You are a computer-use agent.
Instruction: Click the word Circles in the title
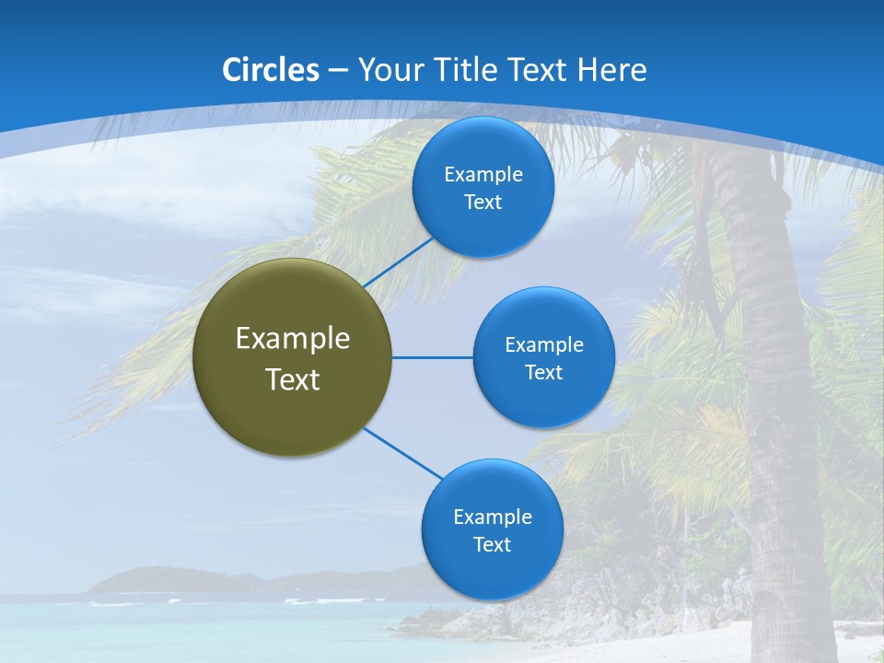(x=270, y=70)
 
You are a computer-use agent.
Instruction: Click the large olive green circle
(x=292, y=357)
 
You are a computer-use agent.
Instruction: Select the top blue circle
(x=483, y=187)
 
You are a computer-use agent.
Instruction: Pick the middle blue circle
(x=543, y=357)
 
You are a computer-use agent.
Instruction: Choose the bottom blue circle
(x=492, y=529)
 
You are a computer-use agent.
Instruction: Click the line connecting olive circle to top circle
(x=400, y=262)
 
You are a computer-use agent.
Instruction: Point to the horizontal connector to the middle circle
(x=432, y=357)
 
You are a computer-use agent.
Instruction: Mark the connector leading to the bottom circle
(x=402, y=453)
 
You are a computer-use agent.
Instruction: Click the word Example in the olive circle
(x=292, y=338)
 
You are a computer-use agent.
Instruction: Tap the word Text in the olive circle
(x=292, y=378)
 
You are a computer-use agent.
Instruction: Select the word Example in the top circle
(x=483, y=174)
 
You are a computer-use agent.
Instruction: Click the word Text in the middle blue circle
(x=543, y=372)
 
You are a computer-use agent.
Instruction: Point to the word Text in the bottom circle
(x=492, y=544)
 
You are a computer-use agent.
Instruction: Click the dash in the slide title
(x=337, y=70)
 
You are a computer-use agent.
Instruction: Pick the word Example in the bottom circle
(x=492, y=517)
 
